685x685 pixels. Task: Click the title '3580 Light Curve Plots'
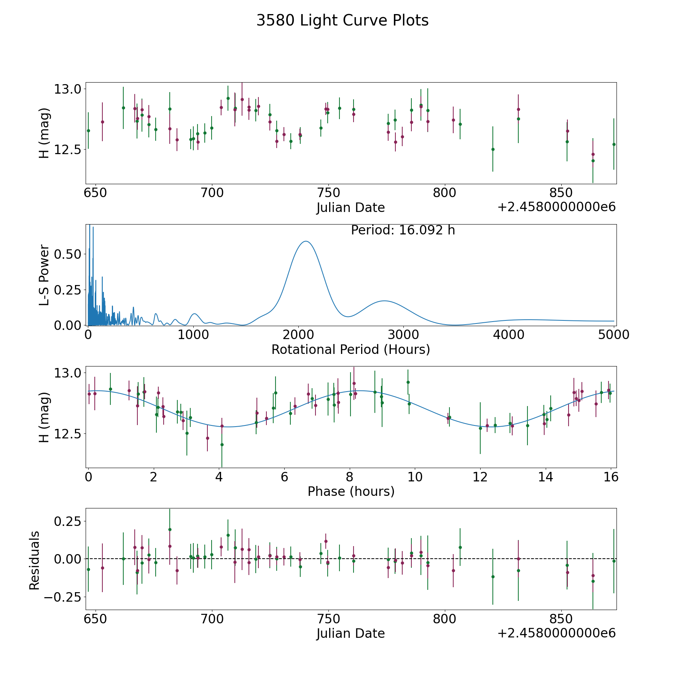click(342, 21)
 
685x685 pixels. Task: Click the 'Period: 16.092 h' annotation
click(403, 230)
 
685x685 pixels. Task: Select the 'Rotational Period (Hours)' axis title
click(350, 349)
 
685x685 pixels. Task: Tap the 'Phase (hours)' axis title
click(351, 491)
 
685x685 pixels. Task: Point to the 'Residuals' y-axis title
click(35, 561)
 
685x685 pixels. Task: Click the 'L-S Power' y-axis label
click(45, 275)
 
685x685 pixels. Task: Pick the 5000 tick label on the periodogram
click(613, 335)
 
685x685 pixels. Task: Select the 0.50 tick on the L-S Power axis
click(67, 254)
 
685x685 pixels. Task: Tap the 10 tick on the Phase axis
click(415, 477)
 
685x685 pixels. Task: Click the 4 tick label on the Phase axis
click(219, 477)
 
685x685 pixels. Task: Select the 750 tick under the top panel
click(328, 193)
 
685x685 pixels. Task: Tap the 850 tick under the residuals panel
click(561, 619)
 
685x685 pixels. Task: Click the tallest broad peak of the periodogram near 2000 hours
click(306, 241)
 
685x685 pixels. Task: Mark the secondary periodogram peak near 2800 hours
click(384, 301)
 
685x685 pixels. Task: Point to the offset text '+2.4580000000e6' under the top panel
click(556, 207)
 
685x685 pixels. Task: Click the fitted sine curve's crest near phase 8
click(360, 390)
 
